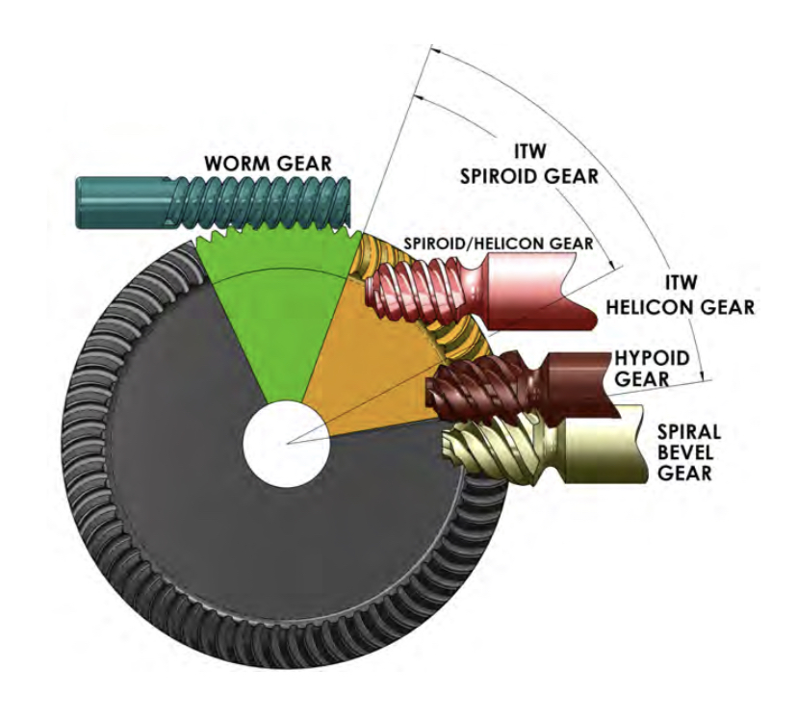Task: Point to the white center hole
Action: [x=287, y=443]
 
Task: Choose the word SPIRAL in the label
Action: [x=683, y=432]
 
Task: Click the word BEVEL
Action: [x=681, y=452]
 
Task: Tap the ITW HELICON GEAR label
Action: [x=695, y=294]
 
